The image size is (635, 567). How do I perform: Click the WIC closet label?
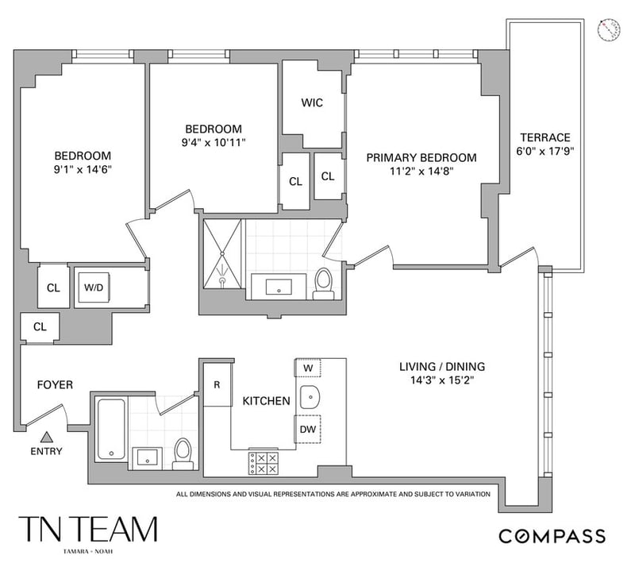[x=312, y=102]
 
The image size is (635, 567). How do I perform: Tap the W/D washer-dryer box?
[x=94, y=287]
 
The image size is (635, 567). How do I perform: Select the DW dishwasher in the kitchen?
[x=308, y=429]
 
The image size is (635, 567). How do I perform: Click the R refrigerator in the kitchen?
[x=217, y=384]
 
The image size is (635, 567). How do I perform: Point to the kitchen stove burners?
[x=264, y=463]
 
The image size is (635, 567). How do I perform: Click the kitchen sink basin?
[x=310, y=397]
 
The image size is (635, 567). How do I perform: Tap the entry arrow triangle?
[x=47, y=437]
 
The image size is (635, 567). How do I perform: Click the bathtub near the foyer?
[x=111, y=430]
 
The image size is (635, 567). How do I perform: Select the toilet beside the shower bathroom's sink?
[x=324, y=283]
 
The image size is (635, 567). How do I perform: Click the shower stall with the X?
[x=222, y=253]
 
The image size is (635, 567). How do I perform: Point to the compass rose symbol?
[x=609, y=29]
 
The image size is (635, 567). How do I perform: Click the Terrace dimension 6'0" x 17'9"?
[x=545, y=151]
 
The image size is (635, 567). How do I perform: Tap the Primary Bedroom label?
[x=421, y=158]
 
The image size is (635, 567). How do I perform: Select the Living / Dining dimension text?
[x=442, y=380]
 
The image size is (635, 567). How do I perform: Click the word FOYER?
[x=55, y=384]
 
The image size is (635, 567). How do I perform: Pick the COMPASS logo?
[x=552, y=536]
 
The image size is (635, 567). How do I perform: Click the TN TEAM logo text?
[x=88, y=529]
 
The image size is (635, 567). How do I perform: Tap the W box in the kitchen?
[x=308, y=368]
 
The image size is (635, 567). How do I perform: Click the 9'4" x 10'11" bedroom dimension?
[x=214, y=143]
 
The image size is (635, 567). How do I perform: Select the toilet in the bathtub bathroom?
[x=183, y=454]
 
